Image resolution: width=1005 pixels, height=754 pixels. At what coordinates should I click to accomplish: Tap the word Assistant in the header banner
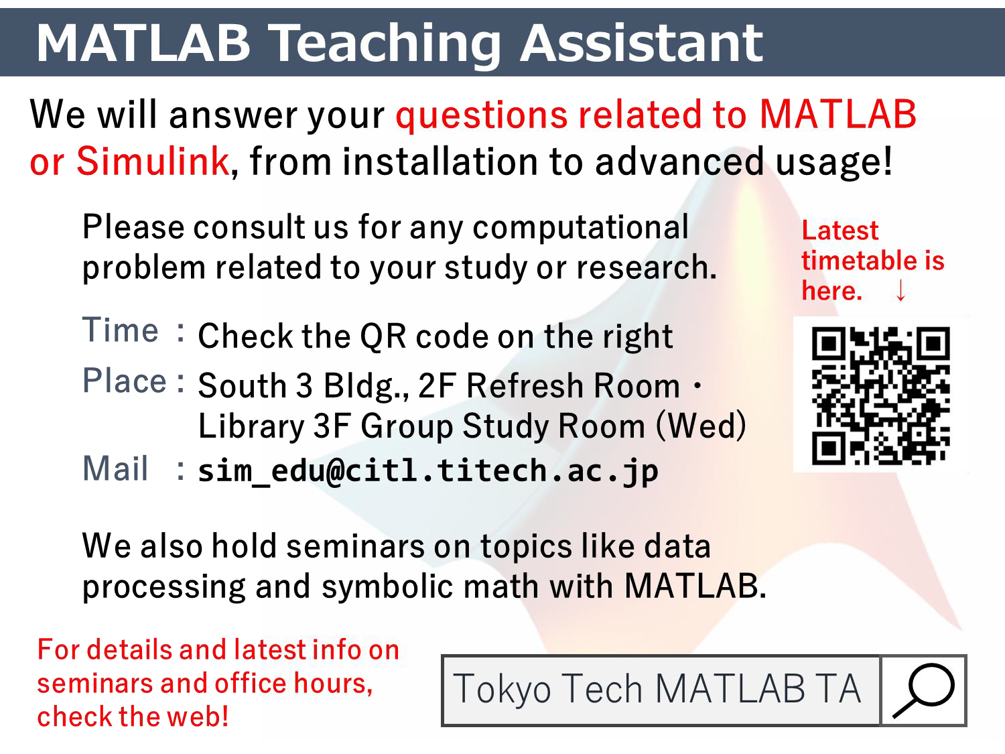pos(641,43)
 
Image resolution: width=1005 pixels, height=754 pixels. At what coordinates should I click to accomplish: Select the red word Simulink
pos(153,161)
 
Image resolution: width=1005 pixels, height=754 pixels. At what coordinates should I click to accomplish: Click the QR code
pos(880,395)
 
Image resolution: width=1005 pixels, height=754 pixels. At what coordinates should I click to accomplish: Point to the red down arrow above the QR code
pos(900,290)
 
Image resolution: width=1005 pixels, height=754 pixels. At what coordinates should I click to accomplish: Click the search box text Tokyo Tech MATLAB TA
pos(657,688)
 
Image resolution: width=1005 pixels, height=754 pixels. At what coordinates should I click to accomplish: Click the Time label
pos(121,330)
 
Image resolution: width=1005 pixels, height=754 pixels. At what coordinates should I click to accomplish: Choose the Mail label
pos(115,468)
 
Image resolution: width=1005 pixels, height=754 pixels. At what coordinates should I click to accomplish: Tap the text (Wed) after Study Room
pos(701,426)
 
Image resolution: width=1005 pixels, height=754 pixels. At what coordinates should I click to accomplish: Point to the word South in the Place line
pos(243,385)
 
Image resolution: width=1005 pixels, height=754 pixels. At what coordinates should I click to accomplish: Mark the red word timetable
pos(859,260)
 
